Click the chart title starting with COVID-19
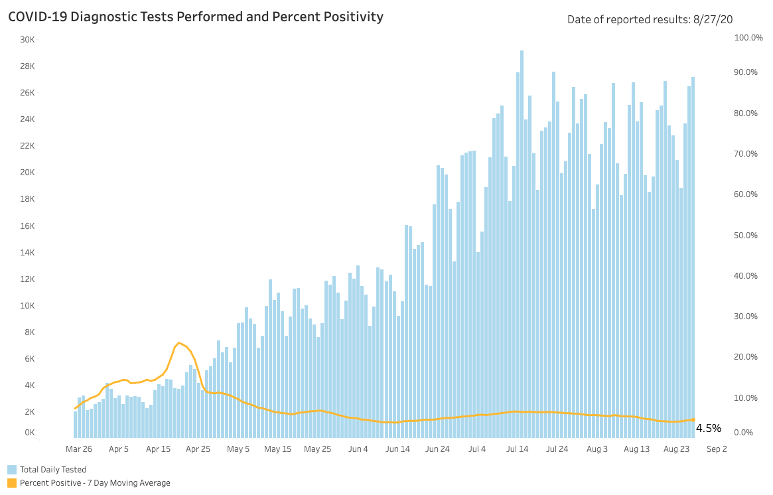[196, 17]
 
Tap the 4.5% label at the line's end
[708, 429]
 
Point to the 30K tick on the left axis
[27, 39]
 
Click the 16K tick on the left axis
[27, 226]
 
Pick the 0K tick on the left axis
[29, 433]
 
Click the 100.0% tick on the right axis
[748, 38]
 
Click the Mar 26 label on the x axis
[79, 449]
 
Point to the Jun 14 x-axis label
[398, 449]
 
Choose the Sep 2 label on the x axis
[717, 449]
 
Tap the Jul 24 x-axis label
[557, 449]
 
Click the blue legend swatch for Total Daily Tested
[12, 470]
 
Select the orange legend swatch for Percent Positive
[12, 483]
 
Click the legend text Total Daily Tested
[53, 470]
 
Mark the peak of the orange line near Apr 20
[179, 343]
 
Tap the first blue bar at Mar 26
[76, 425]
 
